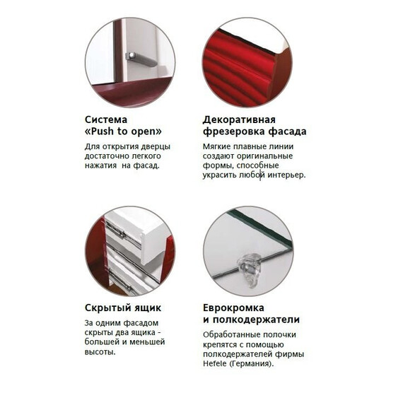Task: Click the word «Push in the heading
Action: pyautogui.click(x=103, y=131)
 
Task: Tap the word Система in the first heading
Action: pyautogui.click(x=107, y=118)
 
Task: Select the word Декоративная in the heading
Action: pyautogui.click(x=239, y=118)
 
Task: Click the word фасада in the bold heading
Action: pyautogui.click(x=286, y=132)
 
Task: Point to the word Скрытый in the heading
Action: pyautogui.click(x=107, y=308)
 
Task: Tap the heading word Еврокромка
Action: pyautogui.click(x=234, y=308)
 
